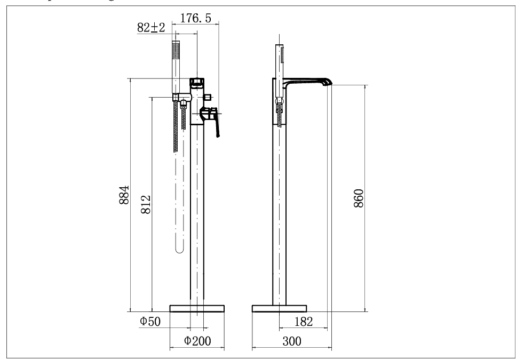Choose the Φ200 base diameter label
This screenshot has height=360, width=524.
(x=196, y=341)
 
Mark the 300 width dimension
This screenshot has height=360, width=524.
(x=291, y=341)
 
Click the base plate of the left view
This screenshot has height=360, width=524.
(x=197, y=308)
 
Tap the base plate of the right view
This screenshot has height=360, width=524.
(x=280, y=308)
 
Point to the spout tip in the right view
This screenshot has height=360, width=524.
(x=327, y=82)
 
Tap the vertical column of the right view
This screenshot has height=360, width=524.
(x=280, y=213)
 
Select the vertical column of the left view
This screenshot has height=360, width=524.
(x=197, y=213)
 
